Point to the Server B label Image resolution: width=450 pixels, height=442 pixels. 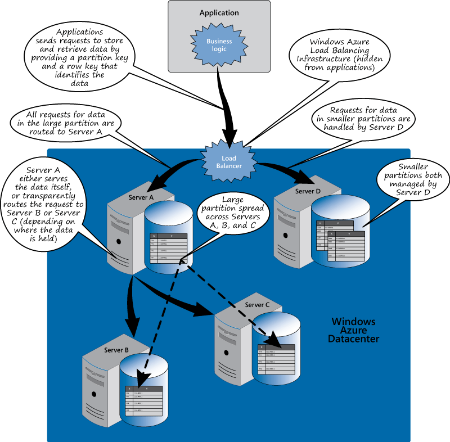click(x=116, y=350)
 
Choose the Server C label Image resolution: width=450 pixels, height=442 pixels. click(x=257, y=304)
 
